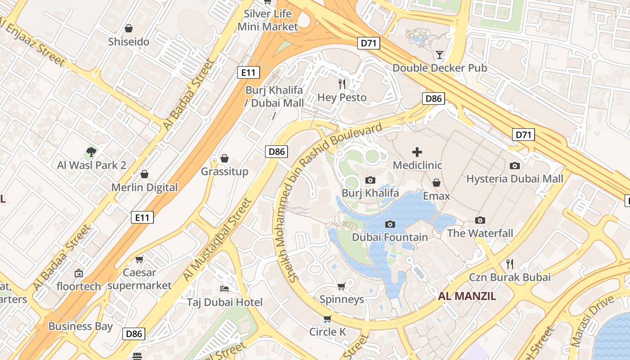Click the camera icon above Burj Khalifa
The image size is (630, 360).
370,180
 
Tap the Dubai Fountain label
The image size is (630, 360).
390,237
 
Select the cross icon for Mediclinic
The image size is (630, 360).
417,152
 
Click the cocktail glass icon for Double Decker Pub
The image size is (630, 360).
440,55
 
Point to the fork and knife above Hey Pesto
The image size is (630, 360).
342,84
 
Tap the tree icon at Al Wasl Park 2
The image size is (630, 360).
91,152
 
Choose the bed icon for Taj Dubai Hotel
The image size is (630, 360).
225,288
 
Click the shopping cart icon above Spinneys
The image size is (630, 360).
342,286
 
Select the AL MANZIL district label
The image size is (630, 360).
467,296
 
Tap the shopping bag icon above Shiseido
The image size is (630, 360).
129,28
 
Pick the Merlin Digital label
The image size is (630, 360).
144,187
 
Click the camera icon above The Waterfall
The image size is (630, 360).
480,220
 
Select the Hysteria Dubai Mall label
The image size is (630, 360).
514,179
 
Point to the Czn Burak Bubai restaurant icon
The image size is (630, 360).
510,264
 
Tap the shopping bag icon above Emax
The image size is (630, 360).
436,183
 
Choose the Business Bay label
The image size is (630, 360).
81,326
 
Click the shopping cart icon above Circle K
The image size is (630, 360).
328,319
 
